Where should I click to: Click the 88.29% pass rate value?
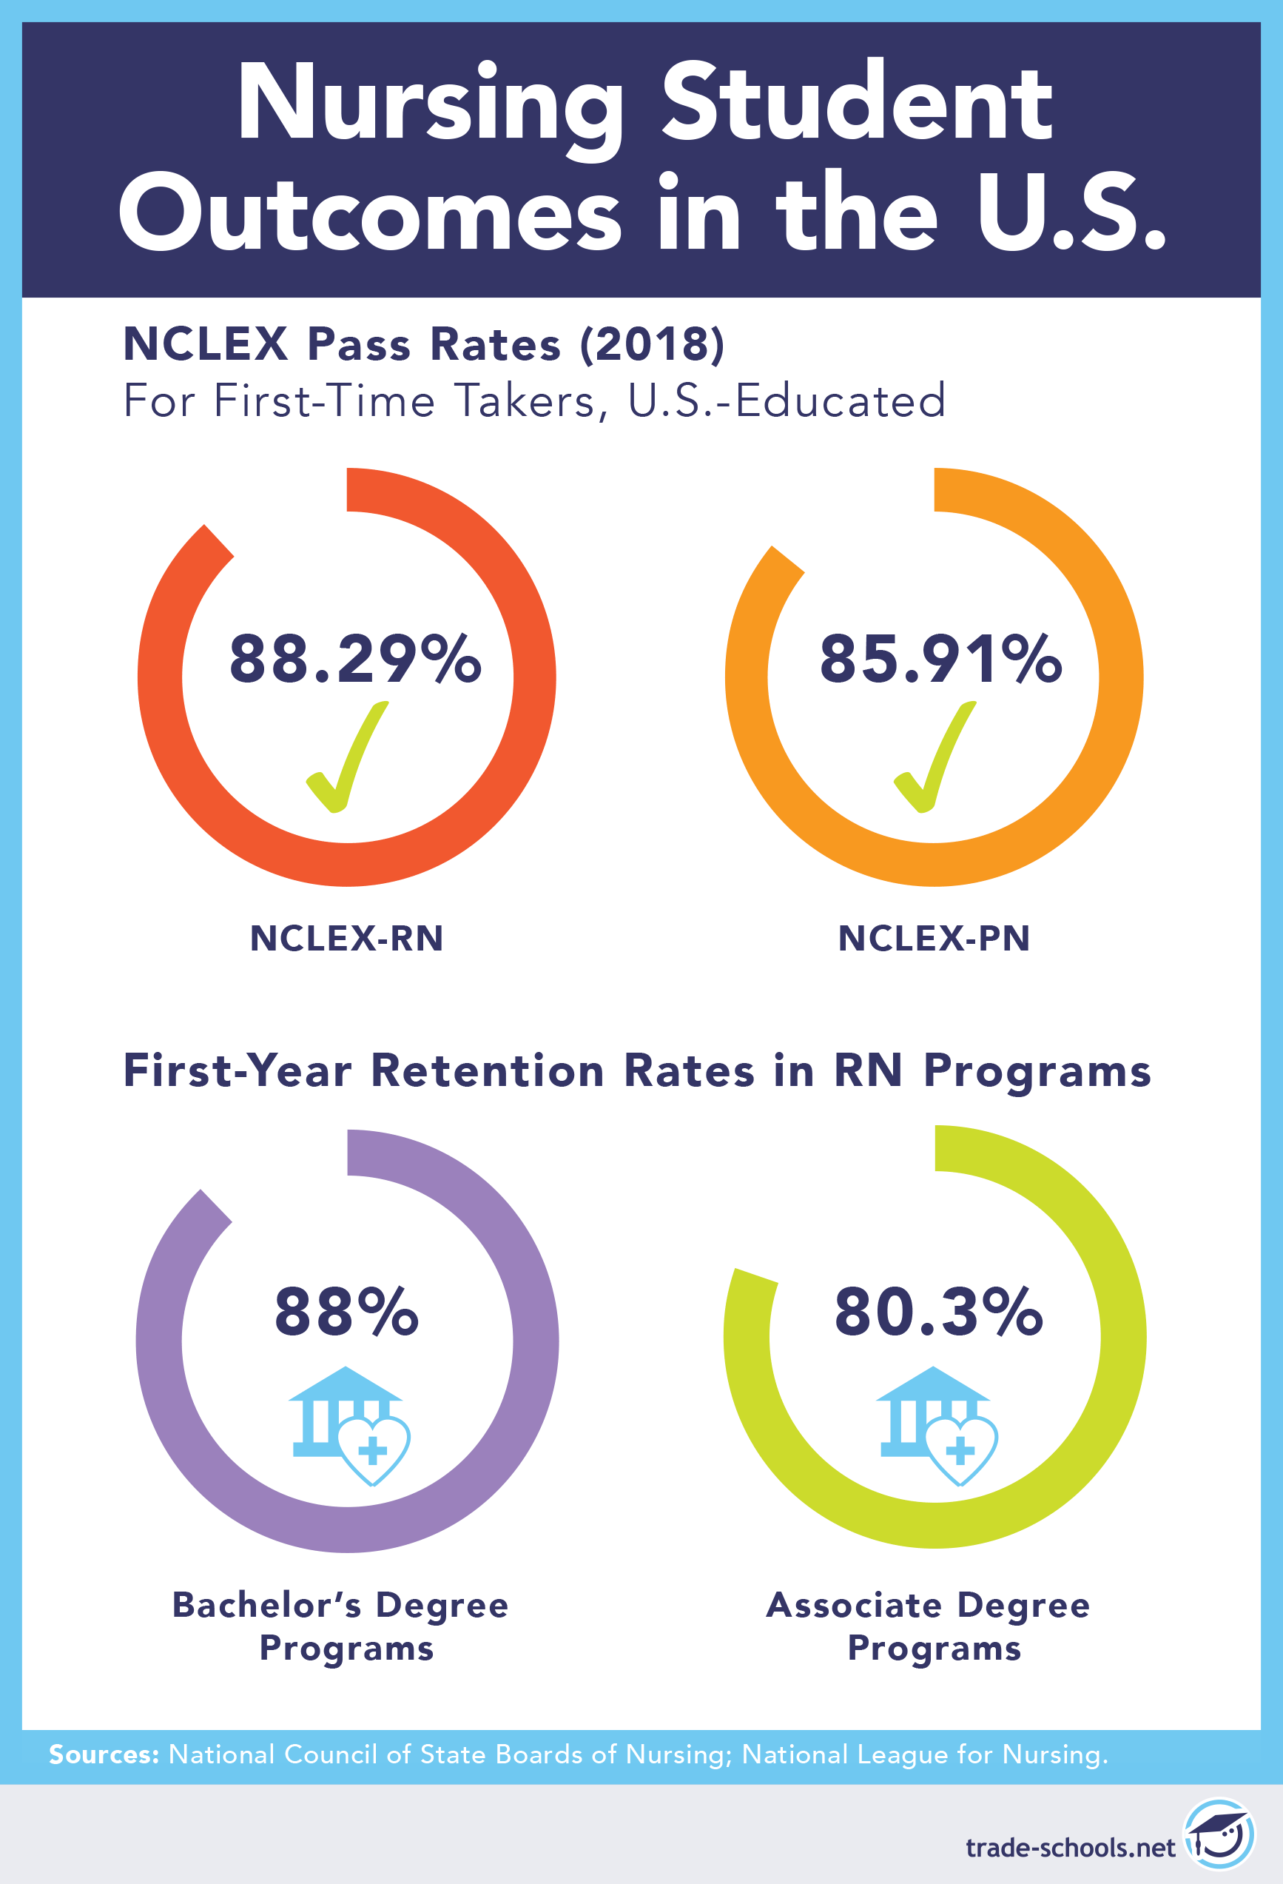click(355, 658)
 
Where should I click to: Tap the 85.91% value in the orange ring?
click(940, 658)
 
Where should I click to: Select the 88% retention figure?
click(347, 1311)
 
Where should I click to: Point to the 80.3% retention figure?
click(938, 1311)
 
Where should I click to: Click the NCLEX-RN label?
click(347, 938)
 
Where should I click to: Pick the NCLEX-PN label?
click(934, 938)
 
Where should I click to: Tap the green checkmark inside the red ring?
click(345, 758)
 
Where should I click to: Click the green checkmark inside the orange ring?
click(932, 758)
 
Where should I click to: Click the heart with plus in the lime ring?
click(961, 1450)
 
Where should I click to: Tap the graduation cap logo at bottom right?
click(1218, 1833)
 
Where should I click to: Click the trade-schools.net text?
click(1070, 1848)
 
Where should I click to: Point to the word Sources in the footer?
click(104, 1754)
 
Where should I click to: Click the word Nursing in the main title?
click(430, 105)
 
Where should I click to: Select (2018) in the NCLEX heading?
click(653, 343)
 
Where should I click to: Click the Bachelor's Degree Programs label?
click(341, 1626)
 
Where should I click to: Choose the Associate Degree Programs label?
click(929, 1626)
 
